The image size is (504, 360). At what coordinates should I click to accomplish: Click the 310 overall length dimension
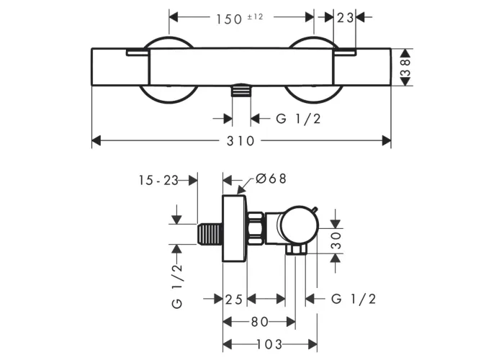coord(240,141)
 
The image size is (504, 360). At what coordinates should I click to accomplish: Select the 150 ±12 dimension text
coord(239,19)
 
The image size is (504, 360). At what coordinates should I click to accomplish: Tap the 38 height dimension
coord(406,67)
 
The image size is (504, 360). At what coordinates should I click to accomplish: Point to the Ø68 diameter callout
coord(271,179)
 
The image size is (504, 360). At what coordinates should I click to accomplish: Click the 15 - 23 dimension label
coord(158,180)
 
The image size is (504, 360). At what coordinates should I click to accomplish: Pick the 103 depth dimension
coord(269,345)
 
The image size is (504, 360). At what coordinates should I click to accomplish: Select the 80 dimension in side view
coord(260,322)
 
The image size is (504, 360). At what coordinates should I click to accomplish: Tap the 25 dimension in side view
coord(234,300)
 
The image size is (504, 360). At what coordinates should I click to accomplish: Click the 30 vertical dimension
coord(336,240)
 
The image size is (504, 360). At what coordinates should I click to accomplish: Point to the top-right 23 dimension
coord(345,18)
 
